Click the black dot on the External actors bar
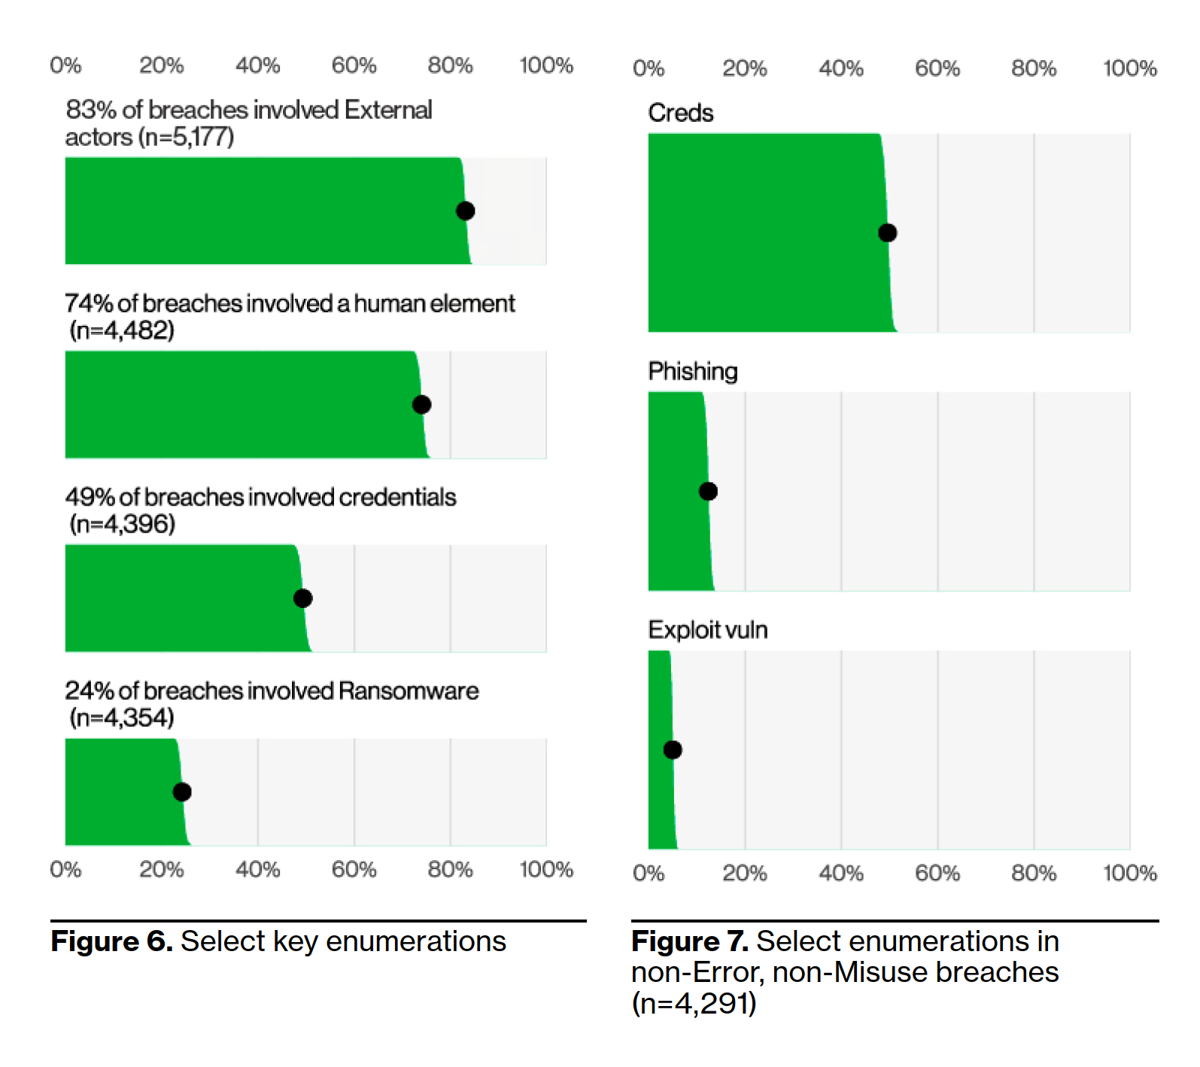pyautogui.click(x=465, y=211)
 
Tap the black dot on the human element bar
pyautogui.click(x=421, y=405)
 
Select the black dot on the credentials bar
pyautogui.click(x=302, y=598)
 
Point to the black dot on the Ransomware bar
pyautogui.click(x=182, y=792)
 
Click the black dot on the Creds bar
pyautogui.click(x=887, y=233)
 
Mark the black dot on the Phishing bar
pyautogui.click(x=708, y=491)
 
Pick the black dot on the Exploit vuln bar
pyautogui.click(x=673, y=749)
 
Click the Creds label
pyautogui.click(x=680, y=113)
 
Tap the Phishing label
pyautogui.click(x=692, y=371)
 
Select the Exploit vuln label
pyautogui.click(x=707, y=630)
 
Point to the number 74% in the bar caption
pyautogui.click(x=88, y=303)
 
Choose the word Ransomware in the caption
pyautogui.click(x=408, y=691)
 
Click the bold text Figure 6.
pyautogui.click(x=111, y=941)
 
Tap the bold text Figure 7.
pyautogui.click(x=689, y=941)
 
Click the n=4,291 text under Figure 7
pyautogui.click(x=694, y=1004)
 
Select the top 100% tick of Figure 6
pyautogui.click(x=545, y=65)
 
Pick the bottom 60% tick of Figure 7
pyautogui.click(x=937, y=873)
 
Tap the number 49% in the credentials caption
pyautogui.click(x=89, y=497)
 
